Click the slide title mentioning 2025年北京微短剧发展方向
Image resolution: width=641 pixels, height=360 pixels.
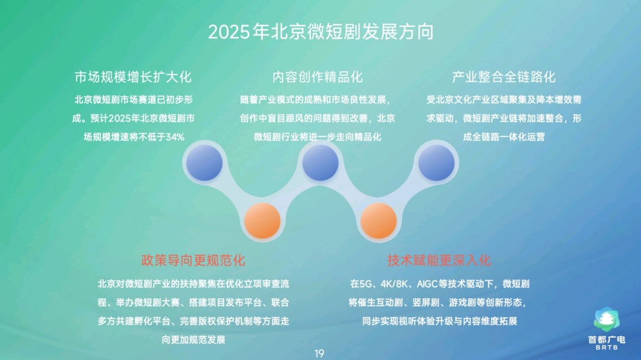click(321, 32)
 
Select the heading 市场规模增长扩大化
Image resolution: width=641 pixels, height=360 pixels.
click(133, 77)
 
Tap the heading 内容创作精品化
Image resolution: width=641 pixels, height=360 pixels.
click(318, 77)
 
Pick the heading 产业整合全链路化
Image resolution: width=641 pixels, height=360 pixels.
click(504, 77)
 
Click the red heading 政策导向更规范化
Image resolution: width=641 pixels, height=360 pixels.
click(193, 260)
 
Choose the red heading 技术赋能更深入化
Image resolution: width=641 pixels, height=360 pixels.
click(439, 260)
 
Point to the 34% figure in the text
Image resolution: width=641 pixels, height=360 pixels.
click(175, 137)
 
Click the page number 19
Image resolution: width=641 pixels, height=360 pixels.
click(319, 353)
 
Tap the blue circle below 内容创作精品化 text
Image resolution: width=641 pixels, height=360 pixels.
click(320, 163)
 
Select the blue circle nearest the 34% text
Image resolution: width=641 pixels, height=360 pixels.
click(204, 163)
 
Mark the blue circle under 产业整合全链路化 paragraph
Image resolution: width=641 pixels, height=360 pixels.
click(436, 163)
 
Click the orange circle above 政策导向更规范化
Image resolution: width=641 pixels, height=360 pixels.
click(262, 221)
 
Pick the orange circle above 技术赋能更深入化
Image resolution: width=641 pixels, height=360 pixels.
click(379, 221)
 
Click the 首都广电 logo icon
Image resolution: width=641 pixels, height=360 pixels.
click(607, 319)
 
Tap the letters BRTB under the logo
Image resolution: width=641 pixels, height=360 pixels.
click(607, 348)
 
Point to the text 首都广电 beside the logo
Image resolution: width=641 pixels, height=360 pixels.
click(607, 340)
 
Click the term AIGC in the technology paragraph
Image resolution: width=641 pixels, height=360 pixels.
click(427, 284)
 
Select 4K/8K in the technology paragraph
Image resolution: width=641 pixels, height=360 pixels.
click(394, 284)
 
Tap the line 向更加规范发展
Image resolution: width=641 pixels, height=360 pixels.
click(193, 340)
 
